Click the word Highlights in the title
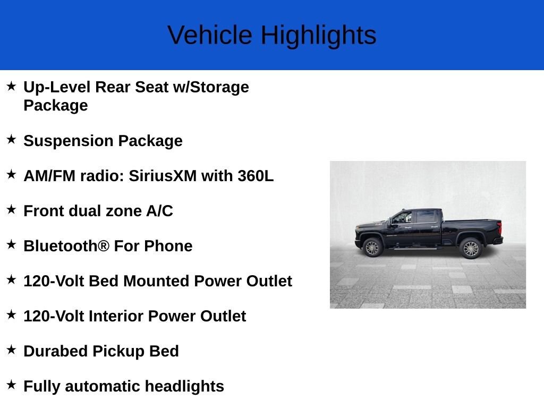click(318, 36)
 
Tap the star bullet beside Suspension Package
click(11, 140)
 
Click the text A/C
click(159, 211)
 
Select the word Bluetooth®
click(66, 246)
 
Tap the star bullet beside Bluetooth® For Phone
click(11, 245)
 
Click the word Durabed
click(56, 351)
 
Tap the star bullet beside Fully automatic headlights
click(11, 385)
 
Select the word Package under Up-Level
click(56, 105)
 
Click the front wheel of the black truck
click(372, 248)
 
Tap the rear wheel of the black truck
click(471, 248)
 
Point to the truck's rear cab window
click(426, 216)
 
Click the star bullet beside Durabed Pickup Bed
click(11, 350)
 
